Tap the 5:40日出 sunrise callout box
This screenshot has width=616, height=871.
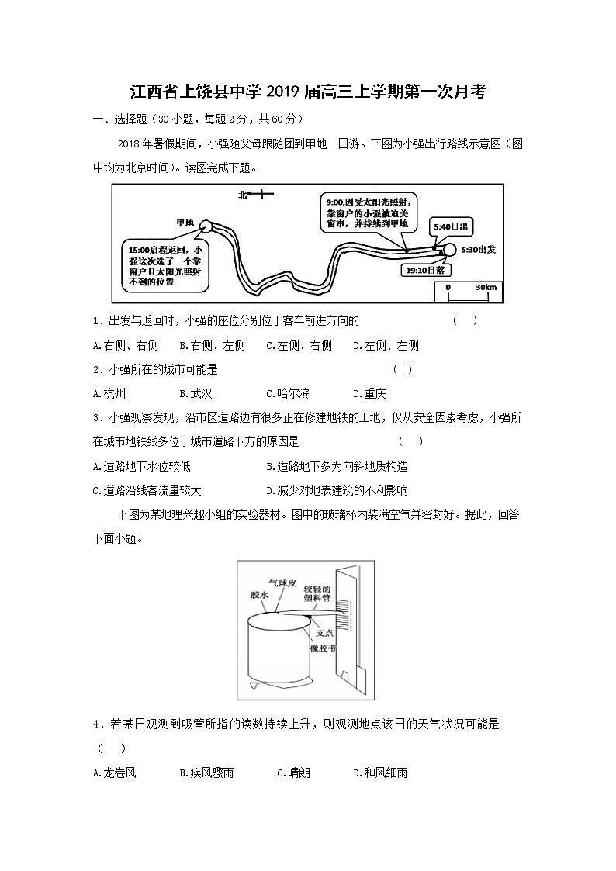click(x=450, y=226)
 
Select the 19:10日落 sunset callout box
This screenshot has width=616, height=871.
click(x=424, y=270)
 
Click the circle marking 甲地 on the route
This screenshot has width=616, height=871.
click(x=205, y=226)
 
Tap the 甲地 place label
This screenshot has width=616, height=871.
click(x=185, y=223)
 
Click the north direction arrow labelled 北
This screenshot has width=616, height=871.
click(x=255, y=195)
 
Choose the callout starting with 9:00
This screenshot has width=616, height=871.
click(x=366, y=212)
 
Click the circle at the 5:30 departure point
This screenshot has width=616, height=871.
click(x=448, y=249)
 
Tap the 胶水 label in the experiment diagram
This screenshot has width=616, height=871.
click(x=259, y=594)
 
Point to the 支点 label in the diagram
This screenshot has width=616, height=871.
click(x=325, y=631)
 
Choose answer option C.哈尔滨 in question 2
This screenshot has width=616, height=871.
click(x=288, y=393)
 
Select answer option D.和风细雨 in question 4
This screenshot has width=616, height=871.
click(x=380, y=772)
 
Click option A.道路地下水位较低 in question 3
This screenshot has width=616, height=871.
click(x=141, y=466)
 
